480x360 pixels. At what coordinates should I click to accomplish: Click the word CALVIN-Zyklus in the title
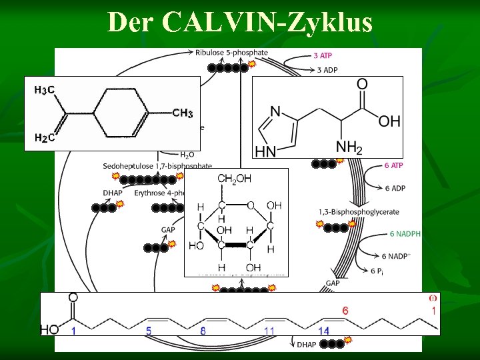coord(267,23)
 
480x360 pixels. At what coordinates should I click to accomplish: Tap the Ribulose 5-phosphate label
coord(231,52)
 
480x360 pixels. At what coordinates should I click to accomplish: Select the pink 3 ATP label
coord(324,56)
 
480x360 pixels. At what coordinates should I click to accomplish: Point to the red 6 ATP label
coord(394,165)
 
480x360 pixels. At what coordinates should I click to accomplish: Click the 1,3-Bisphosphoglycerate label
coord(359,212)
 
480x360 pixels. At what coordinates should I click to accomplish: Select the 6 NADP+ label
coord(397,256)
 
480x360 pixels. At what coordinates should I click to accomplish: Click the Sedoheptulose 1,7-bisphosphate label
coord(157,166)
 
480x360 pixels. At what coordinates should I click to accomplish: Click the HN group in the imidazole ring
coord(265,151)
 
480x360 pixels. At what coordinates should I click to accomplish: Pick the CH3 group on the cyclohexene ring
coord(182,113)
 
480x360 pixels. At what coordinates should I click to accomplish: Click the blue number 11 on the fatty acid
coord(269,331)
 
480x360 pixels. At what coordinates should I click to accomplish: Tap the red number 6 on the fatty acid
coord(345,311)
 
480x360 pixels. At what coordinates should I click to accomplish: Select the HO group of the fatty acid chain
coord(50,329)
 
